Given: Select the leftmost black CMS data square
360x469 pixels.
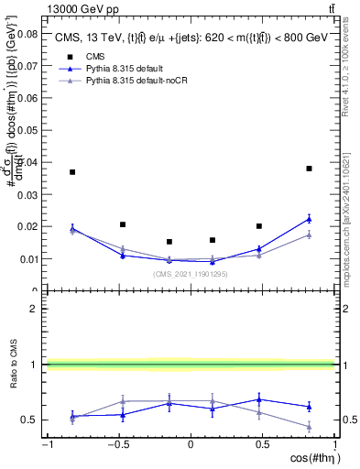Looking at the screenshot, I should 72,172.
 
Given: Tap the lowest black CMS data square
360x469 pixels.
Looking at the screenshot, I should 169,242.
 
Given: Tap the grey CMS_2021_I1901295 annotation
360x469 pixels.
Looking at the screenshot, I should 190,273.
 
